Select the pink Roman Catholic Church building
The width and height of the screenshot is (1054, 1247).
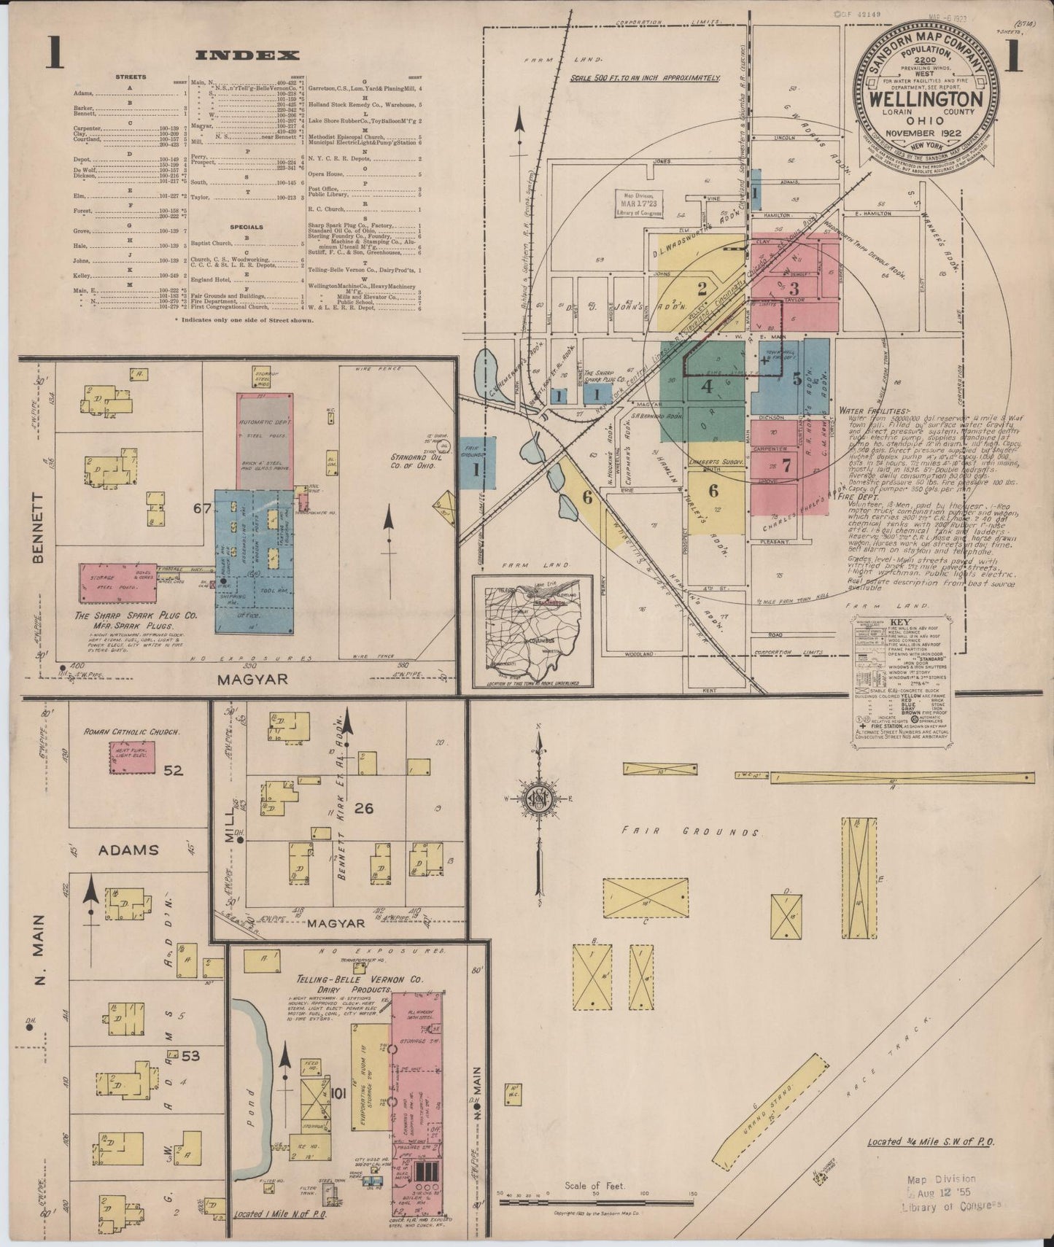(132, 757)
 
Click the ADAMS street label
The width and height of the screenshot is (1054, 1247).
(128, 850)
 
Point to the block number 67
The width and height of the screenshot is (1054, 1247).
(203, 508)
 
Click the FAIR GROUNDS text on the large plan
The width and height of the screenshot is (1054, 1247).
(691, 831)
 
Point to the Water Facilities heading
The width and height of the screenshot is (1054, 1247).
(874, 411)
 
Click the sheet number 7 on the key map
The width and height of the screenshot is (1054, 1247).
(786, 467)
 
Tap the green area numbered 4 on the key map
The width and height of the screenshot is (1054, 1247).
(706, 386)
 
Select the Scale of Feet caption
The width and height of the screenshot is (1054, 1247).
(595, 1186)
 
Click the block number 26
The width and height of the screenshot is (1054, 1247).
(364, 808)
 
